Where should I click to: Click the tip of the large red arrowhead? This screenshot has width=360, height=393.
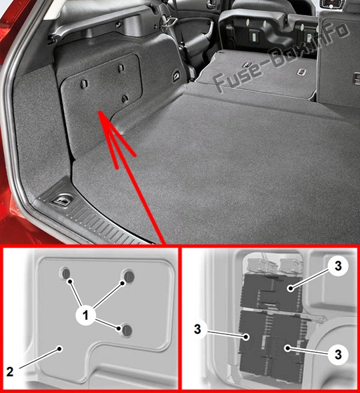pos(99,112)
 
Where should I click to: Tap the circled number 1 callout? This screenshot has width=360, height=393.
pos(85,315)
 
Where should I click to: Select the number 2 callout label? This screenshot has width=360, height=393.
pos(10,372)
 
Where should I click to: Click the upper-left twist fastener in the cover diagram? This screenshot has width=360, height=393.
pos(66,274)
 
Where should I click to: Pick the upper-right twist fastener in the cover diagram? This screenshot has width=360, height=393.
pos(129,276)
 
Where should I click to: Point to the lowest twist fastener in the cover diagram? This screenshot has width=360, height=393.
pos(127,330)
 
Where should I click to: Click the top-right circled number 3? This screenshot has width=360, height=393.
pos(339,266)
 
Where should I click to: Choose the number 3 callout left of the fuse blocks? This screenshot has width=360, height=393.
pos(198,329)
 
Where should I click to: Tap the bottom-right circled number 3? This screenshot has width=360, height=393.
pos(339,354)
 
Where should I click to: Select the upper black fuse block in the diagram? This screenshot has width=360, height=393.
pos(271,292)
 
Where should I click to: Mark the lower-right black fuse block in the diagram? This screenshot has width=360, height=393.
pos(287,346)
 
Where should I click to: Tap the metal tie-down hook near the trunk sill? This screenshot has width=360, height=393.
pos(62,200)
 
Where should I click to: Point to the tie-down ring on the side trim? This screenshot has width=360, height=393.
pos(176,75)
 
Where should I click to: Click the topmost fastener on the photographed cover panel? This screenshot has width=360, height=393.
pos(121,68)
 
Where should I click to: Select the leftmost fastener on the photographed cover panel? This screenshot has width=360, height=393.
pos(84,84)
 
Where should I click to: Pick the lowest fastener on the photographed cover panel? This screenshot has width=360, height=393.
pos(125,99)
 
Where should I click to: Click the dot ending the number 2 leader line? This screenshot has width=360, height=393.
pos(59,348)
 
